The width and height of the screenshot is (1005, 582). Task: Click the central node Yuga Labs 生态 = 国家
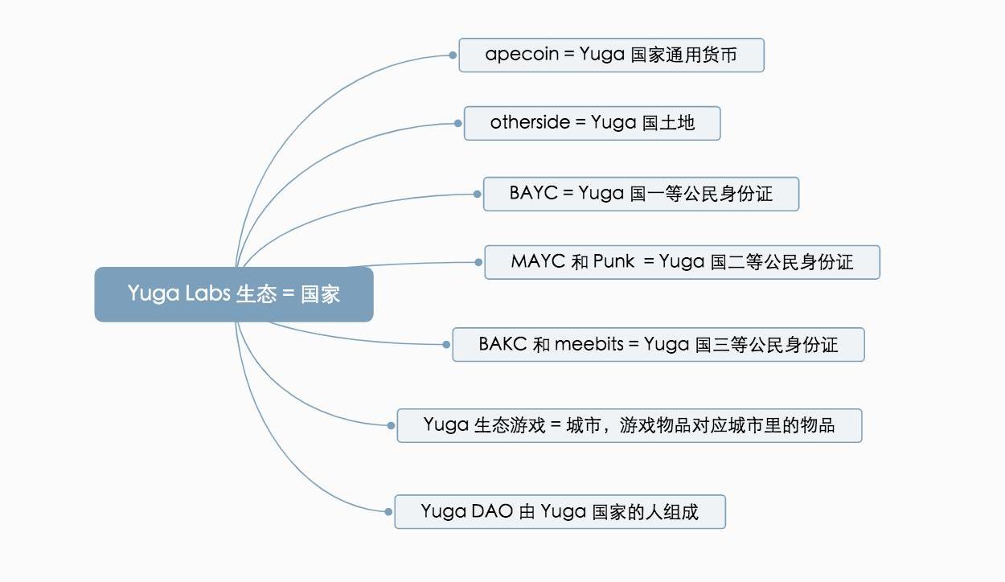click(x=234, y=294)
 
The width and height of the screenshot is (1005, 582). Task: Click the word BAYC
click(x=533, y=194)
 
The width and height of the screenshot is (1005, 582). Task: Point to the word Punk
click(x=614, y=262)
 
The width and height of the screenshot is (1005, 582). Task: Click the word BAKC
click(x=503, y=345)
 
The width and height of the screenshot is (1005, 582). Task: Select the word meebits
click(x=589, y=345)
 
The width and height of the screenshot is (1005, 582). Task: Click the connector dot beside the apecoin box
click(x=453, y=55)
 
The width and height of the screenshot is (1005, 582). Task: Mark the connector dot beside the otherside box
click(x=458, y=123)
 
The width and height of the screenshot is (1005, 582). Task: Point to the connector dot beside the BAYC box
click(x=478, y=194)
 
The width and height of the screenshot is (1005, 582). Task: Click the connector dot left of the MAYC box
click(x=479, y=262)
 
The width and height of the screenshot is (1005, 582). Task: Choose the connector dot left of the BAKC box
click(x=447, y=345)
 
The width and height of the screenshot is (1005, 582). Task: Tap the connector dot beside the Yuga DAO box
click(x=389, y=511)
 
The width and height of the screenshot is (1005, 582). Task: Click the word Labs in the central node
click(x=207, y=294)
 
